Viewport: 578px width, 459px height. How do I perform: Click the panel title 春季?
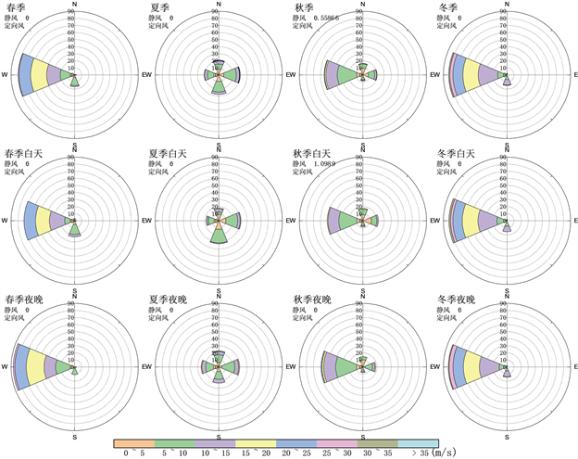16,7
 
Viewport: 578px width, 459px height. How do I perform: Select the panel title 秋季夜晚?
312,300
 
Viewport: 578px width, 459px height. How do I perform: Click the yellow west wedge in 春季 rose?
41,74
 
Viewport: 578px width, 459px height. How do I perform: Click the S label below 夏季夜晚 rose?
219,436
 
